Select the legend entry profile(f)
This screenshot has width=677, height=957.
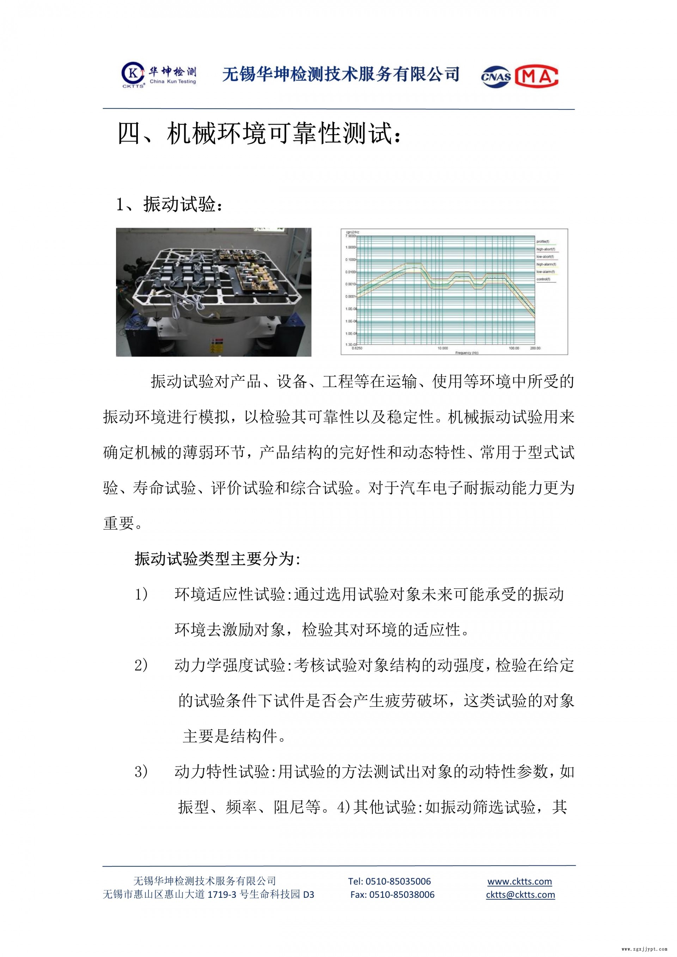click(x=542, y=242)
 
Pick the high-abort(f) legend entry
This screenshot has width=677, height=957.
click(x=545, y=249)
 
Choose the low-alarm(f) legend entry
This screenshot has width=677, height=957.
click(x=545, y=272)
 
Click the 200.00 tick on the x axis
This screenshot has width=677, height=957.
click(x=535, y=348)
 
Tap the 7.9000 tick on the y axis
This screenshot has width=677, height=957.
click(x=350, y=236)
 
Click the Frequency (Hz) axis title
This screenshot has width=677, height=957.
click(x=466, y=352)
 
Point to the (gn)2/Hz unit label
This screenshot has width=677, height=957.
click(x=352, y=232)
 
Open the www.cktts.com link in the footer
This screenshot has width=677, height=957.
click(x=519, y=882)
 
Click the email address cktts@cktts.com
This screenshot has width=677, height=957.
click(x=520, y=895)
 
